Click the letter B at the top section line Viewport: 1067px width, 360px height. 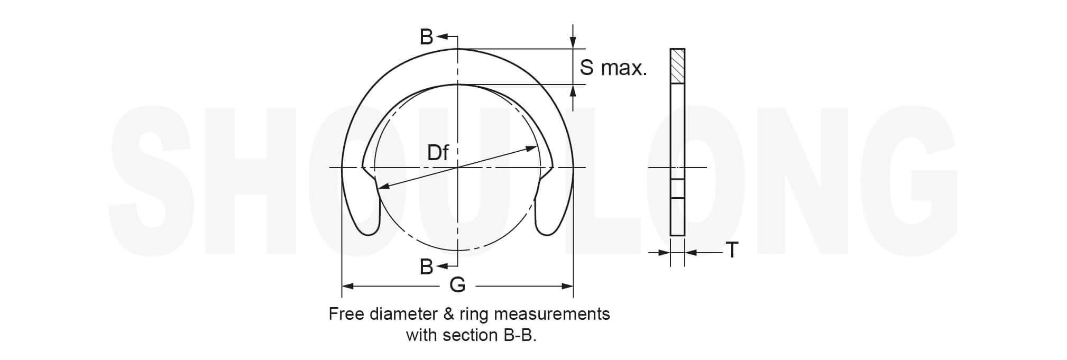coord(426,37)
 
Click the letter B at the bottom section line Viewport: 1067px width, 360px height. coord(426,267)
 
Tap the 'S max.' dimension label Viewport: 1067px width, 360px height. coord(613,68)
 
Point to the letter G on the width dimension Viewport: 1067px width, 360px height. coord(457,285)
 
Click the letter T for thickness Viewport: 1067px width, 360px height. coord(732,250)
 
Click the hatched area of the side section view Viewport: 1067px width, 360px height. coord(677,66)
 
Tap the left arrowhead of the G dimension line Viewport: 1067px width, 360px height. coord(347,287)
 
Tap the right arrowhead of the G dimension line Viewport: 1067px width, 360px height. coord(567,287)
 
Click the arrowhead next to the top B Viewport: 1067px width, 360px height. coord(442,37)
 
